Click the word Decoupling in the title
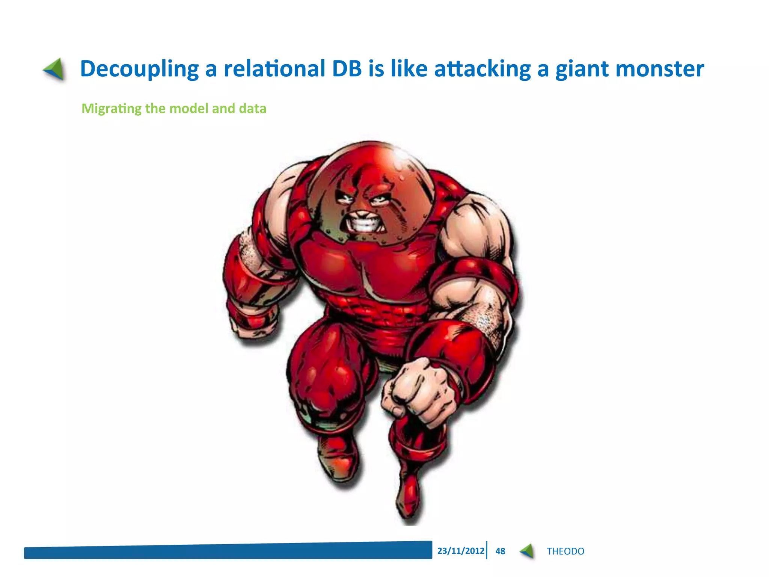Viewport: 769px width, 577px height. click(x=139, y=69)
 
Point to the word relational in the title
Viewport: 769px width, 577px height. click(x=274, y=69)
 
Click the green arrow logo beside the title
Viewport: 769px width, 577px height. click(x=54, y=69)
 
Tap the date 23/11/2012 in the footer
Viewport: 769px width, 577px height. click(x=461, y=551)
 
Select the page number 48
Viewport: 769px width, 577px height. click(x=500, y=551)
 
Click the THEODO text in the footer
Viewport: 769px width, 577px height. click(x=565, y=551)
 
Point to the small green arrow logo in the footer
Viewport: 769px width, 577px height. click(x=527, y=551)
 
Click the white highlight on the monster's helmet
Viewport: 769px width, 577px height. click(x=401, y=154)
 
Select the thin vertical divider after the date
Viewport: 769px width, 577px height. click(x=487, y=550)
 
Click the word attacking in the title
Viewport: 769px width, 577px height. click(x=482, y=69)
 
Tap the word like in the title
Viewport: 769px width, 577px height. click(x=409, y=69)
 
